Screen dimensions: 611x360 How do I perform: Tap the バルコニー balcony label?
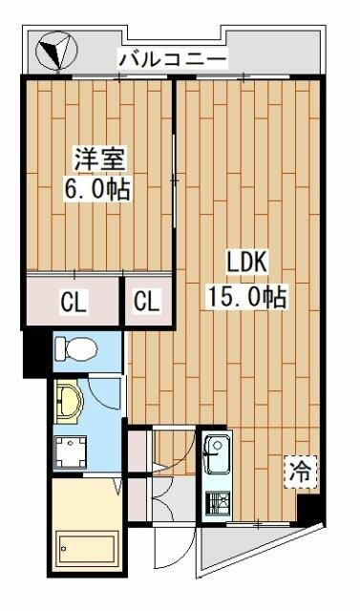click(x=173, y=60)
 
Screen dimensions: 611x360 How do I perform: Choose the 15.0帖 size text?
click(x=247, y=295)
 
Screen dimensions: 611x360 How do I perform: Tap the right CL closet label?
click(x=146, y=304)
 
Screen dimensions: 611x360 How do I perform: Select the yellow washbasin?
click(x=69, y=400)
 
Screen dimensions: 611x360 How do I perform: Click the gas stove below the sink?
click(x=215, y=502)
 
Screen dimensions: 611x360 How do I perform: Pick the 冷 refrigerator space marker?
click(x=300, y=471)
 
